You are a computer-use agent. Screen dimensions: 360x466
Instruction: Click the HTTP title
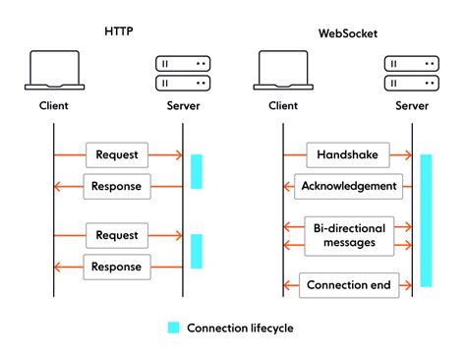pos(118,32)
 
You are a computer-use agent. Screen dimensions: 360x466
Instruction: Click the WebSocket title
pos(348,32)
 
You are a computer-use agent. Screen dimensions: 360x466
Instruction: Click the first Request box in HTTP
pos(118,154)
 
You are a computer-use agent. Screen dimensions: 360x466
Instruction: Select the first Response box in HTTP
pos(118,186)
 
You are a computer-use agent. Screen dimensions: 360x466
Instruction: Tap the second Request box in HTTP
pos(118,235)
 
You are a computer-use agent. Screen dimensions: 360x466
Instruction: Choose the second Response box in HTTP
pos(118,267)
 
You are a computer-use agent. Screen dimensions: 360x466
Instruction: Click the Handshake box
pos(348,154)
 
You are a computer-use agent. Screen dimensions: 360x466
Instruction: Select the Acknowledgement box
pos(348,186)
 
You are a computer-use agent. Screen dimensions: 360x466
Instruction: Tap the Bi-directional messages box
pos(348,235)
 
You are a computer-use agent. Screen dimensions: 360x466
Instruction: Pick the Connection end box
pos(348,286)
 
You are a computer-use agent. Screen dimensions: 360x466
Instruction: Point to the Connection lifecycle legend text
pos(240,328)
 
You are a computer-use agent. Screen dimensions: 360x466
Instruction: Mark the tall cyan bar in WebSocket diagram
pos(426,220)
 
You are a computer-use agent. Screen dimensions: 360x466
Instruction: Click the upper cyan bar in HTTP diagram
pos(196,171)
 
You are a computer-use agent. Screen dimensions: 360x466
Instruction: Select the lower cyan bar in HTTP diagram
pos(196,251)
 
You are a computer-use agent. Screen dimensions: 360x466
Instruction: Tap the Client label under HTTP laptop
pos(54,104)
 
